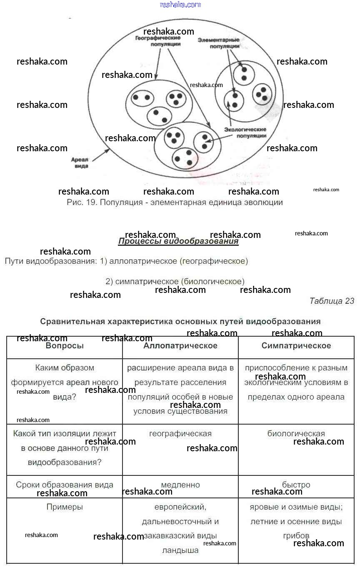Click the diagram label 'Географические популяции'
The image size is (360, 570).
[x=157, y=40]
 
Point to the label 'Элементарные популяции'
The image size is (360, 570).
[x=218, y=43]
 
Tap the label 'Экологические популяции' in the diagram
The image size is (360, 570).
[x=245, y=132]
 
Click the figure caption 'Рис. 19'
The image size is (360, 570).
[x=175, y=202]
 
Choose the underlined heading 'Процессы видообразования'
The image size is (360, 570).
[x=178, y=241]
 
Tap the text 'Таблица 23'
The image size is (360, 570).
[x=332, y=301]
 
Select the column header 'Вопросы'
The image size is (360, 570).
[x=65, y=346]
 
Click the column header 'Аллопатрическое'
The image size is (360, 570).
[x=180, y=346]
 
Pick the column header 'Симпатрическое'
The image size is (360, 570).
[x=296, y=346]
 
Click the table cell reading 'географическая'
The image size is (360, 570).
[x=180, y=434]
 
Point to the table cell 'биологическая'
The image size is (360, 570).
[x=296, y=434]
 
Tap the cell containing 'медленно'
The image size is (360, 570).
[x=180, y=485]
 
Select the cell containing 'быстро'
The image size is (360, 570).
[x=296, y=485]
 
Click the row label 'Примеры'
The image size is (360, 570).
[x=65, y=507]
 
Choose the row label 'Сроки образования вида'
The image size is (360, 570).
[x=65, y=485]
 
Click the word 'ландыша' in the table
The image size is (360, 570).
[x=180, y=550]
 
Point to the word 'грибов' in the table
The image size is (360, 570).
[x=296, y=536]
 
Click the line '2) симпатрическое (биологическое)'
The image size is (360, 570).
[x=175, y=281]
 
